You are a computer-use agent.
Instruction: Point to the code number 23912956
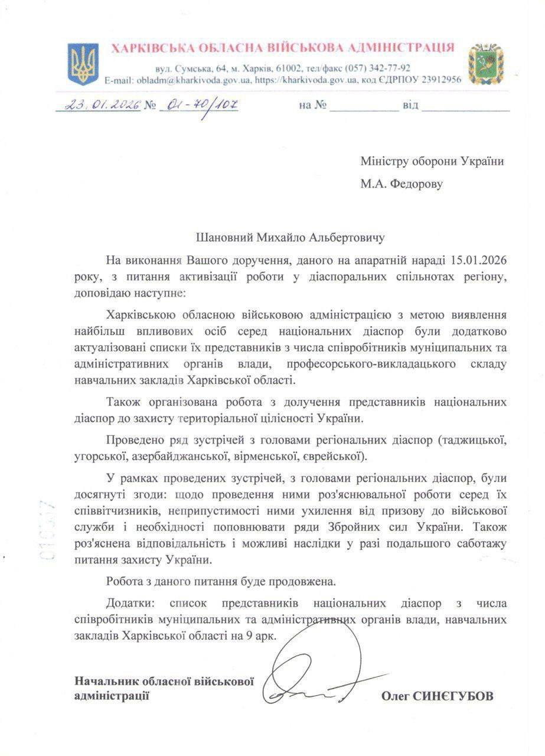coord(436,80)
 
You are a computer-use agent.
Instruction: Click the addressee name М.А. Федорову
coord(402,184)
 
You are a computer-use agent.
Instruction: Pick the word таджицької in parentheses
coord(474,439)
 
